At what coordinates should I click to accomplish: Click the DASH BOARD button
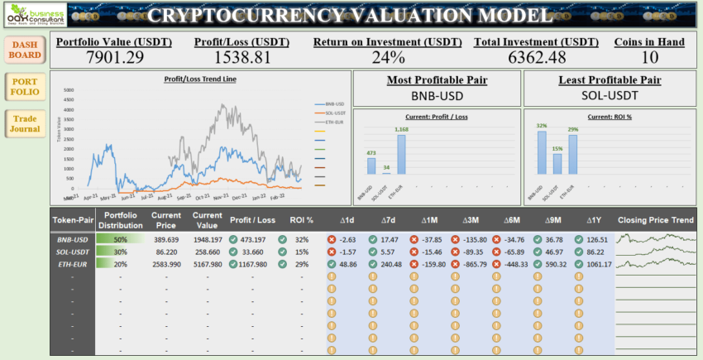click(25, 50)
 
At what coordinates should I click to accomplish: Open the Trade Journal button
click(25, 123)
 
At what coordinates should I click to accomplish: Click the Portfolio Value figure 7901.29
click(115, 56)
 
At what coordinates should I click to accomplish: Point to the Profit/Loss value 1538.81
click(242, 56)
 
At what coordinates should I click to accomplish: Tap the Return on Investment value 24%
click(388, 56)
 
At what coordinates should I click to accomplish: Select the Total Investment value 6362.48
click(536, 56)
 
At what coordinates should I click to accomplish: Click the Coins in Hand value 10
click(649, 56)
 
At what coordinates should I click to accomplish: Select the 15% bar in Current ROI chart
click(557, 163)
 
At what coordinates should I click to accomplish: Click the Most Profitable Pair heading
click(437, 80)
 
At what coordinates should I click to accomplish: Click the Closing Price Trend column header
click(656, 220)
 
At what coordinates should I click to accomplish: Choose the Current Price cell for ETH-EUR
click(165, 264)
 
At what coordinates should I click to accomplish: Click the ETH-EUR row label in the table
click(72, 264)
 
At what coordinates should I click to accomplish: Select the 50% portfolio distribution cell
click(121, 239)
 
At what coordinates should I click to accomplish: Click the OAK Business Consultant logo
click(33, 14)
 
